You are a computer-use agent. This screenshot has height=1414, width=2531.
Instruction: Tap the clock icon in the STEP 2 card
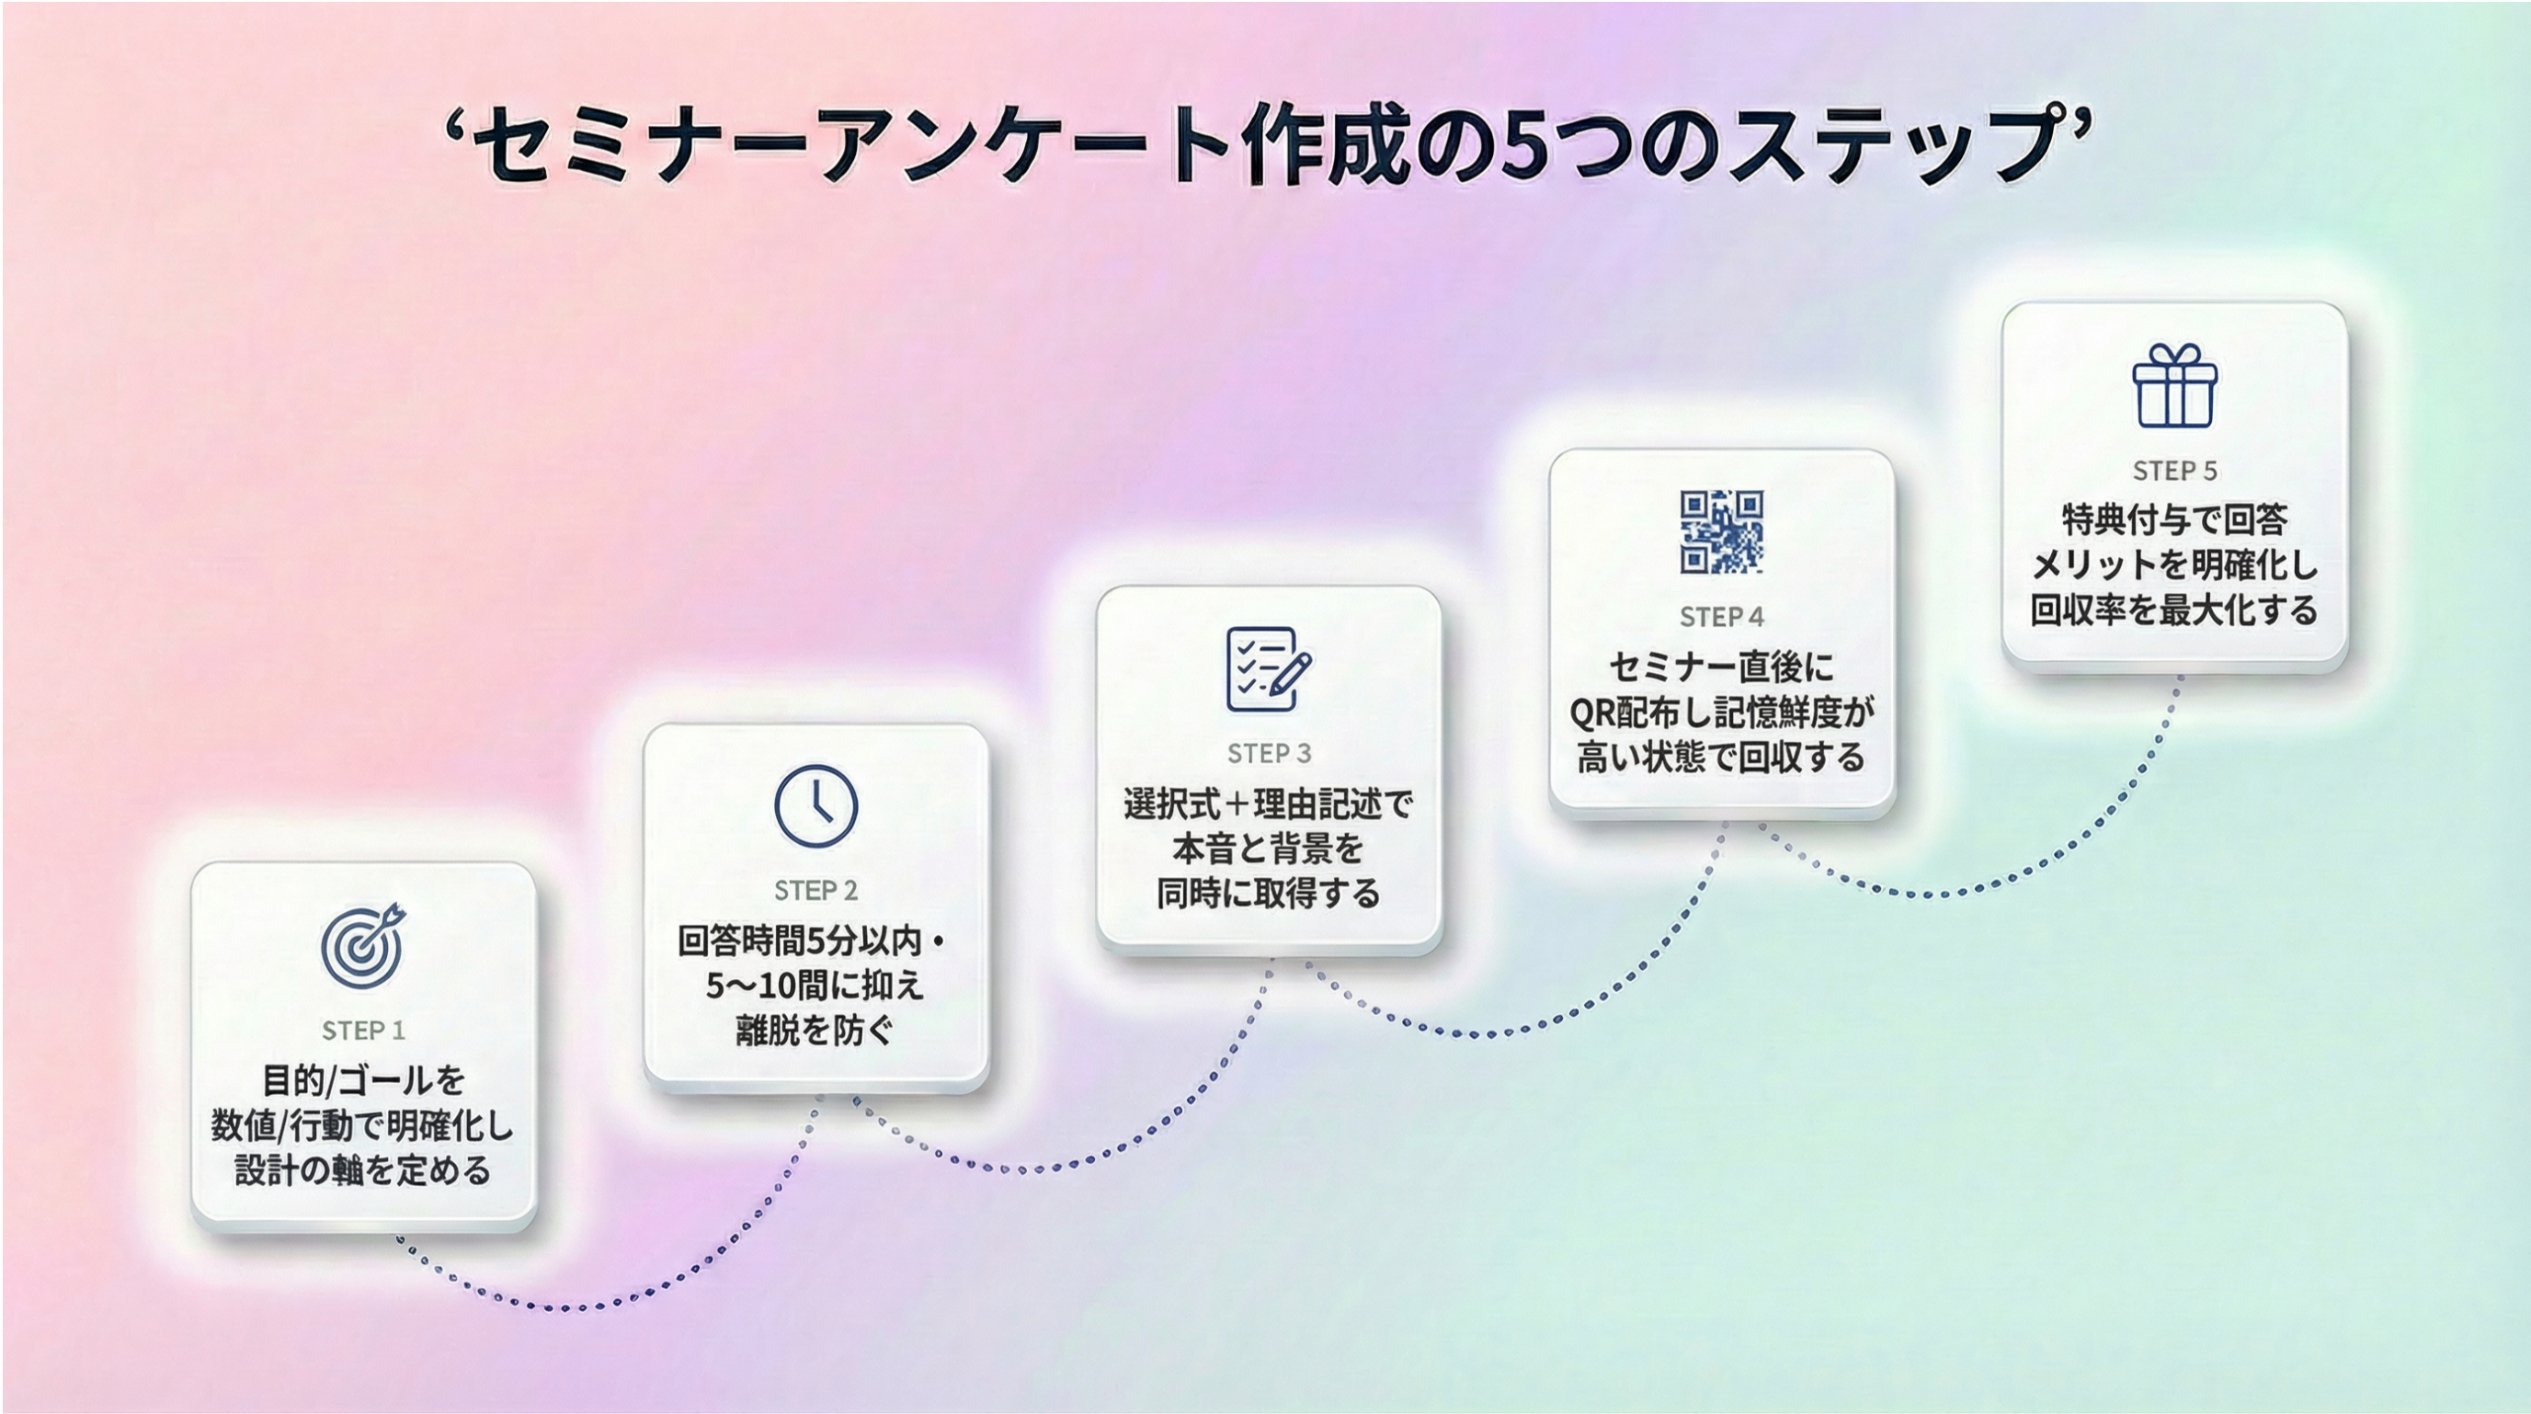click(815, 805)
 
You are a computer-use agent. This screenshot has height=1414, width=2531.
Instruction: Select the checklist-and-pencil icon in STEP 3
click(1268, 668)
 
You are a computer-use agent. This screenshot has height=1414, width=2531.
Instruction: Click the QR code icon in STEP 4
click(1721, 531)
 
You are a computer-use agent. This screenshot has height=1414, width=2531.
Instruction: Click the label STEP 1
click(362, 1030)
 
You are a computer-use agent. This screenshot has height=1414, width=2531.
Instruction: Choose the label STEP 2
click(815, 890)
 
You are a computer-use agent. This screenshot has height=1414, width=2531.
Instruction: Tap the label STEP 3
click(1269, 754)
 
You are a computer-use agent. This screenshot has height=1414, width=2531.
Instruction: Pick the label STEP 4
click(1721, 617)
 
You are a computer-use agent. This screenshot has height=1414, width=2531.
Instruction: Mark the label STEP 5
click(2174, 471)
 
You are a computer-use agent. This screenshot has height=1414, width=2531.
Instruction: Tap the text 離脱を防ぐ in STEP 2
click(815, 1030)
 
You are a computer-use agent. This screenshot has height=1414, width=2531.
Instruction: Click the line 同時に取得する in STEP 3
click(1269, 894)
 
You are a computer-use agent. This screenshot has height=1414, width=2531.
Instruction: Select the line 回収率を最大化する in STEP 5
click(2174, 610)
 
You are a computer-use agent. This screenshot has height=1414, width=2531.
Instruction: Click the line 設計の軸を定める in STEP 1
click(362, 1170)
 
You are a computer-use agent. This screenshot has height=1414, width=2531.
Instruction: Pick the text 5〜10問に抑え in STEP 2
click(815, 985)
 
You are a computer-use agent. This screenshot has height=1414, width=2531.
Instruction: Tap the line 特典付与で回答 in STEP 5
click(2174, 519)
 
